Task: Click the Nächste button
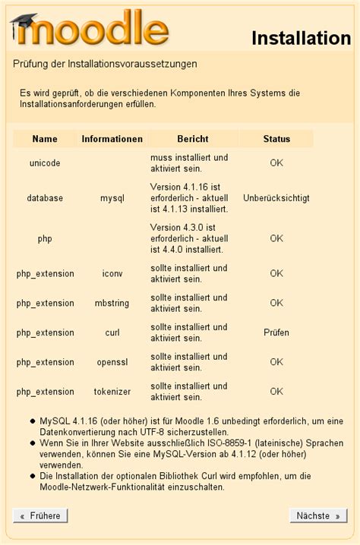tap(318, 515)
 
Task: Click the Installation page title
tap(301, 38)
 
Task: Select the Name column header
tap(45, 139)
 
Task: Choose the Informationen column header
tap(112, 139)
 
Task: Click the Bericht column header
tap(192, 139)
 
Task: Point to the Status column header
tap(276, 139)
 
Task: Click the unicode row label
tap(45, 163)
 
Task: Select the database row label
tap(45, 198)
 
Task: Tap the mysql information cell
tap(112, 198)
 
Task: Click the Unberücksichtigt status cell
tap(276, 198)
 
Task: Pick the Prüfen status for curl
tap(276, 332)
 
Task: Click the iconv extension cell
tap(112, 273)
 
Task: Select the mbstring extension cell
tap(112, 303)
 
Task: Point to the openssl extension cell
tap(112, 362)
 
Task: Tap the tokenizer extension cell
tap(112, 392)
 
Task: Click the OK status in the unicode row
tap(276, 163)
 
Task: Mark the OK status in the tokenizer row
tap(276, 392)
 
